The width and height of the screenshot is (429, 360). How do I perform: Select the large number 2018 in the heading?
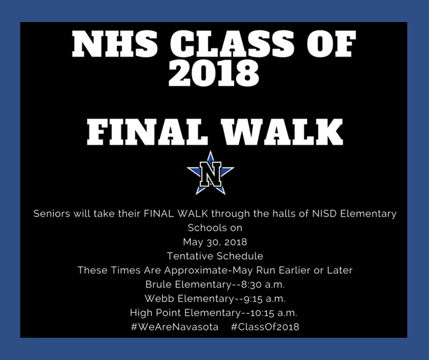[x=214, y=72]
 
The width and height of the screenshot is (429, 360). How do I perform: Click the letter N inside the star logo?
[x=210, y=174]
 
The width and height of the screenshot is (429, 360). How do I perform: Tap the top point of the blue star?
[x=210, y=151]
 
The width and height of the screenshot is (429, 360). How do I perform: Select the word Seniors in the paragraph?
[x=51, y=214]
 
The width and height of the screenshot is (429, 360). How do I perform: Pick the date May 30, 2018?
[x=215, y=242]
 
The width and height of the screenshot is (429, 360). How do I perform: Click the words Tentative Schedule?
[x=215, y=256]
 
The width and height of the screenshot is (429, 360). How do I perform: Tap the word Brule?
[x=159, y=284]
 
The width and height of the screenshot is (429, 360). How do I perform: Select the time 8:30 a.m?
[x=263, y=285]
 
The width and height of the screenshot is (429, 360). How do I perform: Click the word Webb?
[x=159, y=298]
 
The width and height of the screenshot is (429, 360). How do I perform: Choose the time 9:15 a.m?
[x=264, y=299]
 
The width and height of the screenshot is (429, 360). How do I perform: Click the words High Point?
[x=156, y=313]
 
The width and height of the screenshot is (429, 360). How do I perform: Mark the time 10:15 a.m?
[x=273, y=313]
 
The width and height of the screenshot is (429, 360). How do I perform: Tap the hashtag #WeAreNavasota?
[x=175, y=327]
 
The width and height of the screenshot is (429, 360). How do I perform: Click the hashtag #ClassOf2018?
[x=265, y=327]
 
